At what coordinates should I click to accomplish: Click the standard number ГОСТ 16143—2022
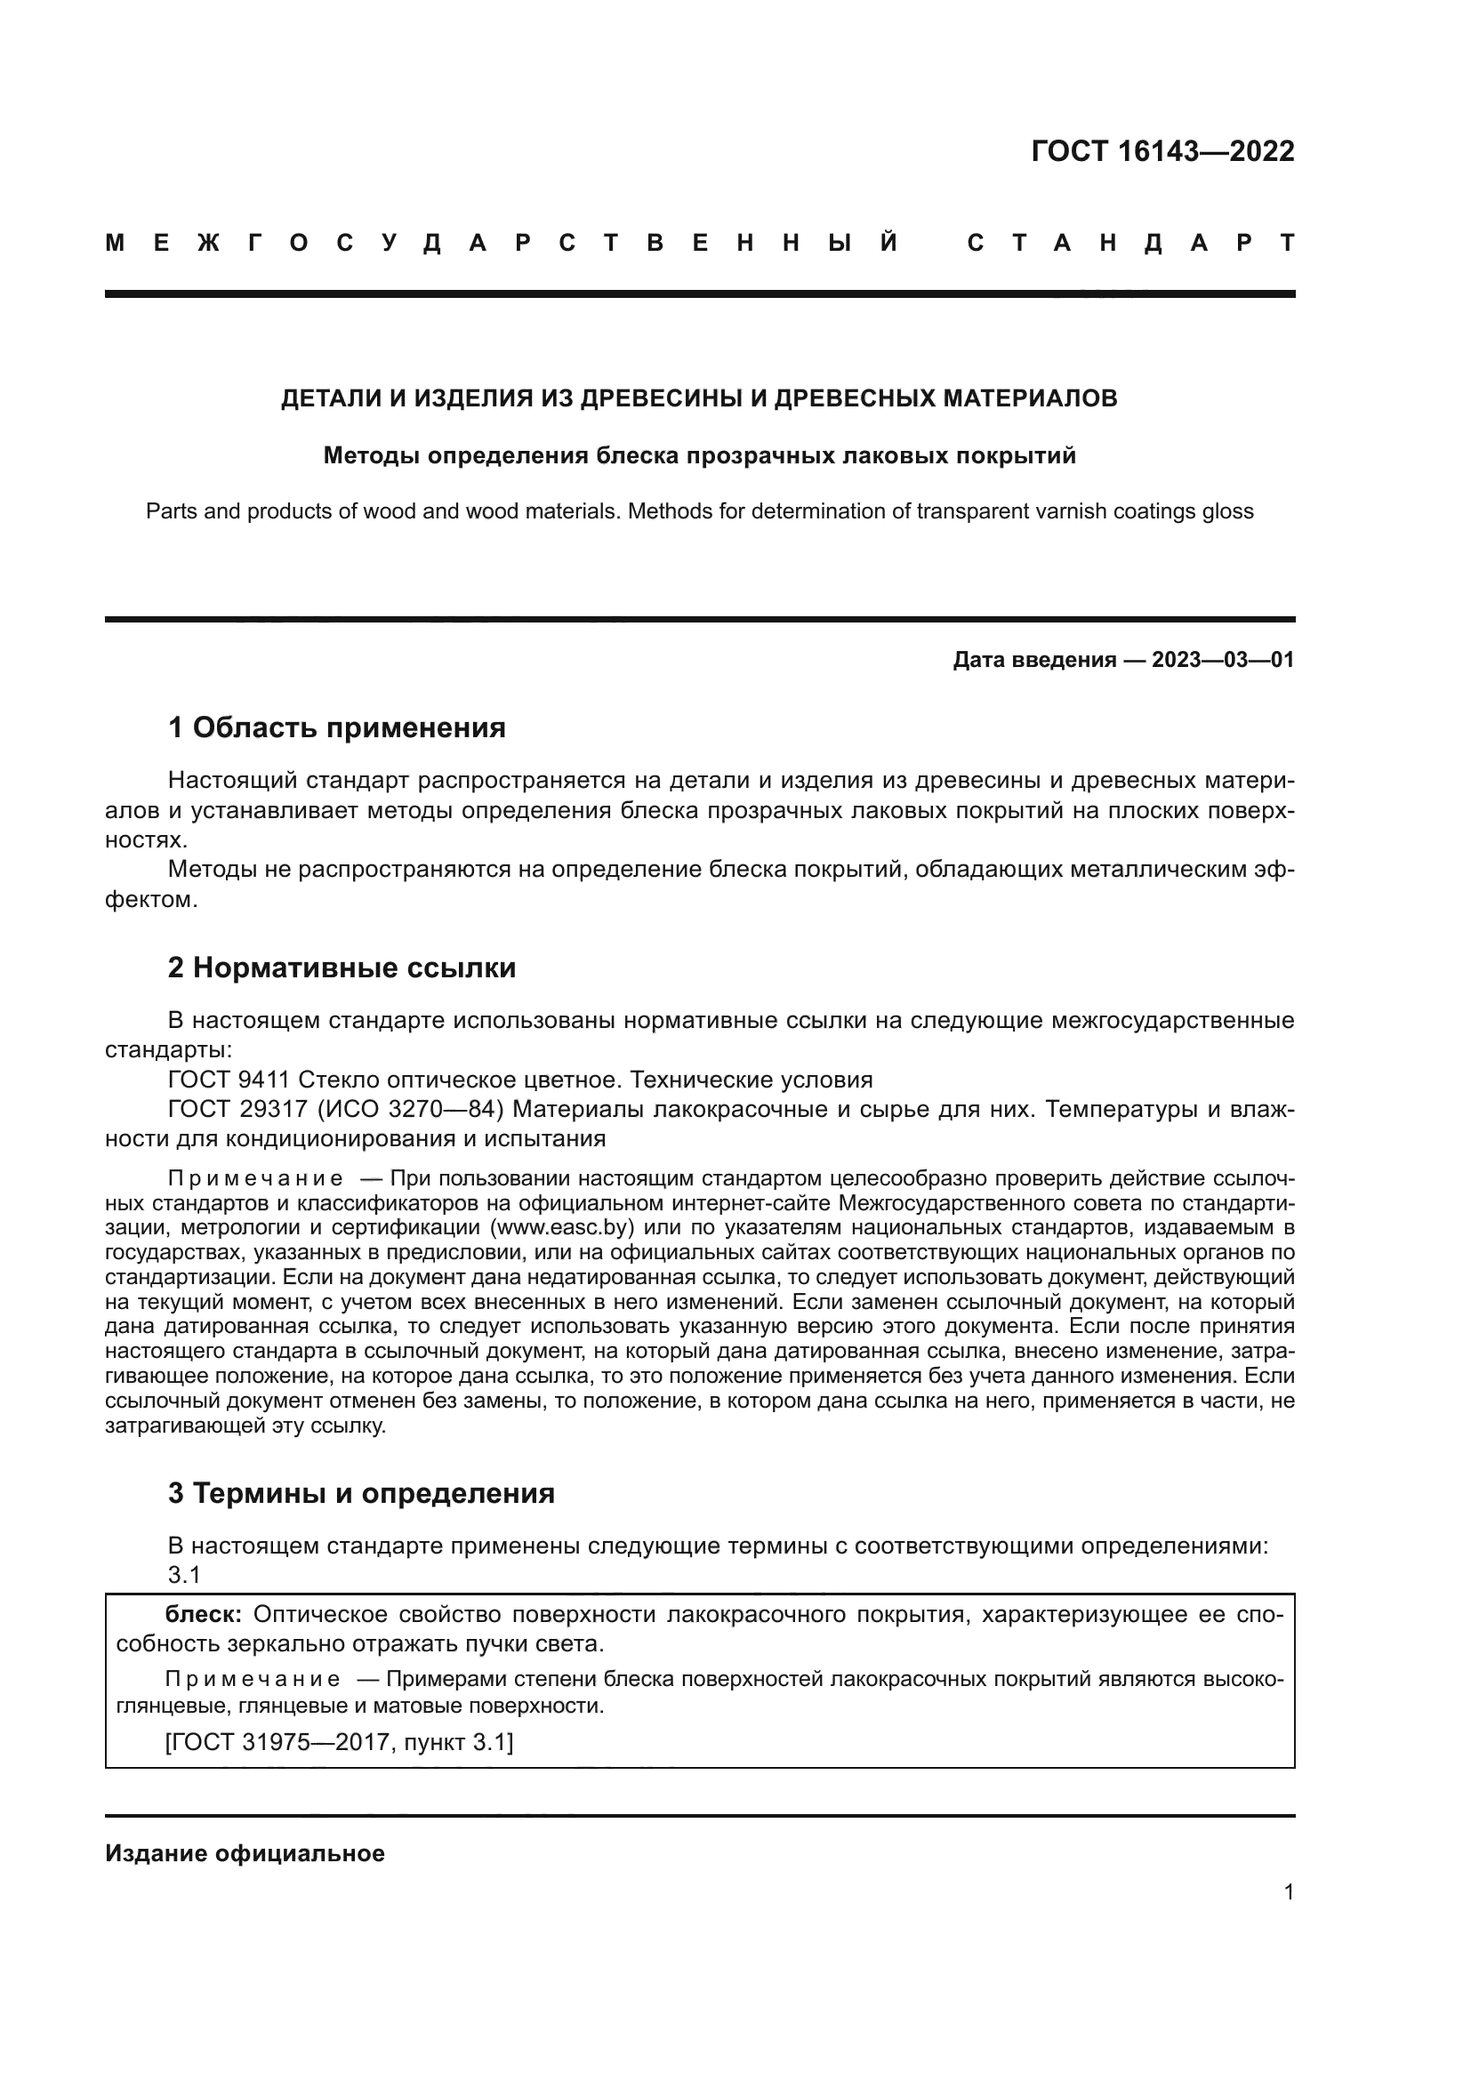[x=1162, y=151]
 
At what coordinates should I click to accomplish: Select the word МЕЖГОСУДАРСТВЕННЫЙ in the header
[x=502, y=244]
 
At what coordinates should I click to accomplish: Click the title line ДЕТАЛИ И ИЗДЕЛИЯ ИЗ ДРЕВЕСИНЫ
[x=698, y=398]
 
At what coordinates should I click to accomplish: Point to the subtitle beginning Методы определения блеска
[x=698, y=455]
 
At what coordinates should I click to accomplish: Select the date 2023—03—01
[x=1223, y=661]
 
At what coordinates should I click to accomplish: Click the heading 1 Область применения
[x=336, y=727]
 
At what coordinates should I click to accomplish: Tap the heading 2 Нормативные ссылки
[x=342, y=968]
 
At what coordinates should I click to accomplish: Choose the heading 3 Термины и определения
[x=360, y=1493]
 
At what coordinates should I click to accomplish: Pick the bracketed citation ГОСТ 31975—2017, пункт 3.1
[x=339, y=1742]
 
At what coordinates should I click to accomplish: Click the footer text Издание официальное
[x=245, y=1853]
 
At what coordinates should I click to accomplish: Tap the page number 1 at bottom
[x=1288, y=1892]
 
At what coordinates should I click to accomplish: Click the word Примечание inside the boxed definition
[x=253, y=1680]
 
